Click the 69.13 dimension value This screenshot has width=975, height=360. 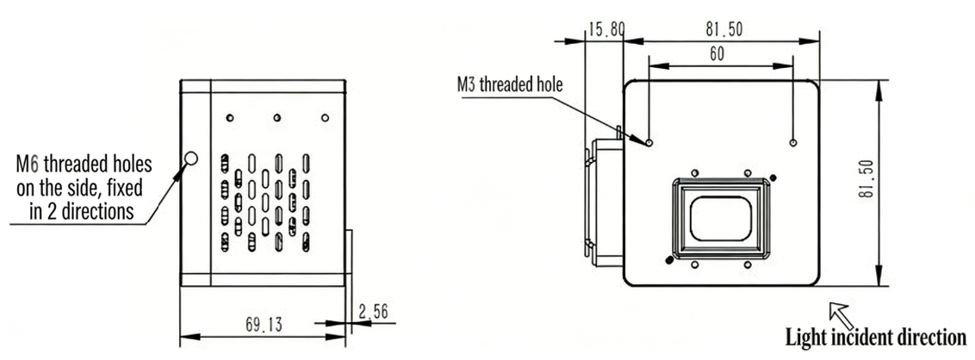click(262, 325)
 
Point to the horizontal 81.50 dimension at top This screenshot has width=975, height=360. click(723, 28)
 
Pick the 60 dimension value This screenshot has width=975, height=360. click(717, 54)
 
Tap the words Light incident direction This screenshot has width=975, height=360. click(875, 337)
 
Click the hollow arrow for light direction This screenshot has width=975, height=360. click(839, 313)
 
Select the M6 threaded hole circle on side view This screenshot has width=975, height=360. click(191, 158)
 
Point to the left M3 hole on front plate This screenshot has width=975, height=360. click(649, 142)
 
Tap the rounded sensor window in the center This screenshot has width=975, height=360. click(721, 218)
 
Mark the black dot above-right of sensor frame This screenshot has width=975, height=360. click(773, 177)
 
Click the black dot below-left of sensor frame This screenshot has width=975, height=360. click(669, 259)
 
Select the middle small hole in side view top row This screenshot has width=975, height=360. click(276, 117)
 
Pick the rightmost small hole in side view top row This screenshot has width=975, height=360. click(325, 117)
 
